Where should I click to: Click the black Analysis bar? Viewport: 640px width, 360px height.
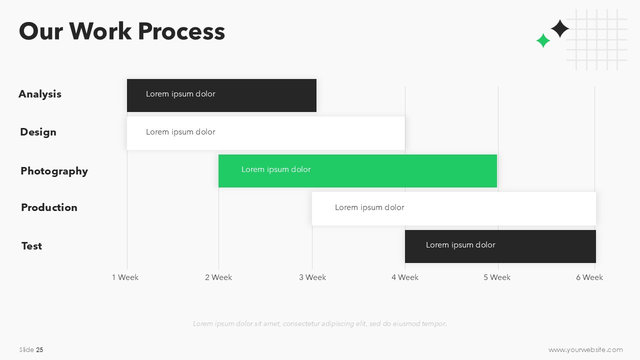click(221, 95)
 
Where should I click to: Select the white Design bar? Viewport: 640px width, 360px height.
click(266, 133)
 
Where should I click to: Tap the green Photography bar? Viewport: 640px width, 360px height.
click(357, 171)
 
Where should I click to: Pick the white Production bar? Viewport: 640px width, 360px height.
click(454, 208)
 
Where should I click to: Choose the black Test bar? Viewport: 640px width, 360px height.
click(500, 246)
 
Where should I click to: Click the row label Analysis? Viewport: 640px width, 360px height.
click(40, 94)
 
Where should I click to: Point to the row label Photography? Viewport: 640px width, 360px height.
click(54, 171)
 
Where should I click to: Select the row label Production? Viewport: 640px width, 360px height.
click(49, 207)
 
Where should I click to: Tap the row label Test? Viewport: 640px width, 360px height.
click(31, 246)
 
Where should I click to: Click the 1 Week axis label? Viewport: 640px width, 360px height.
click(125, 277)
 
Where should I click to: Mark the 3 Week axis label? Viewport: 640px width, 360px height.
click(312, 277)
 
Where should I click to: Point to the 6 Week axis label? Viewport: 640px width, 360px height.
click(589, 277)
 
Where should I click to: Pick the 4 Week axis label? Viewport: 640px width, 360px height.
click(405, 277)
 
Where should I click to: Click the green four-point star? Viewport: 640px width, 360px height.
click(543, 40)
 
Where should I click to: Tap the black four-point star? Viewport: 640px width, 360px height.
click(560, 28)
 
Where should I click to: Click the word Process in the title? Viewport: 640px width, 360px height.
click(181, 31)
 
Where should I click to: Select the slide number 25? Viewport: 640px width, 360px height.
click(39, 349)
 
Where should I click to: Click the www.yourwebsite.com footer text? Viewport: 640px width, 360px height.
click(585, 349)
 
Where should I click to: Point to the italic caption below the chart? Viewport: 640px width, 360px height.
click(320, 323)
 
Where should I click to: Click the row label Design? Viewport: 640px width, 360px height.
click(38, 132)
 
